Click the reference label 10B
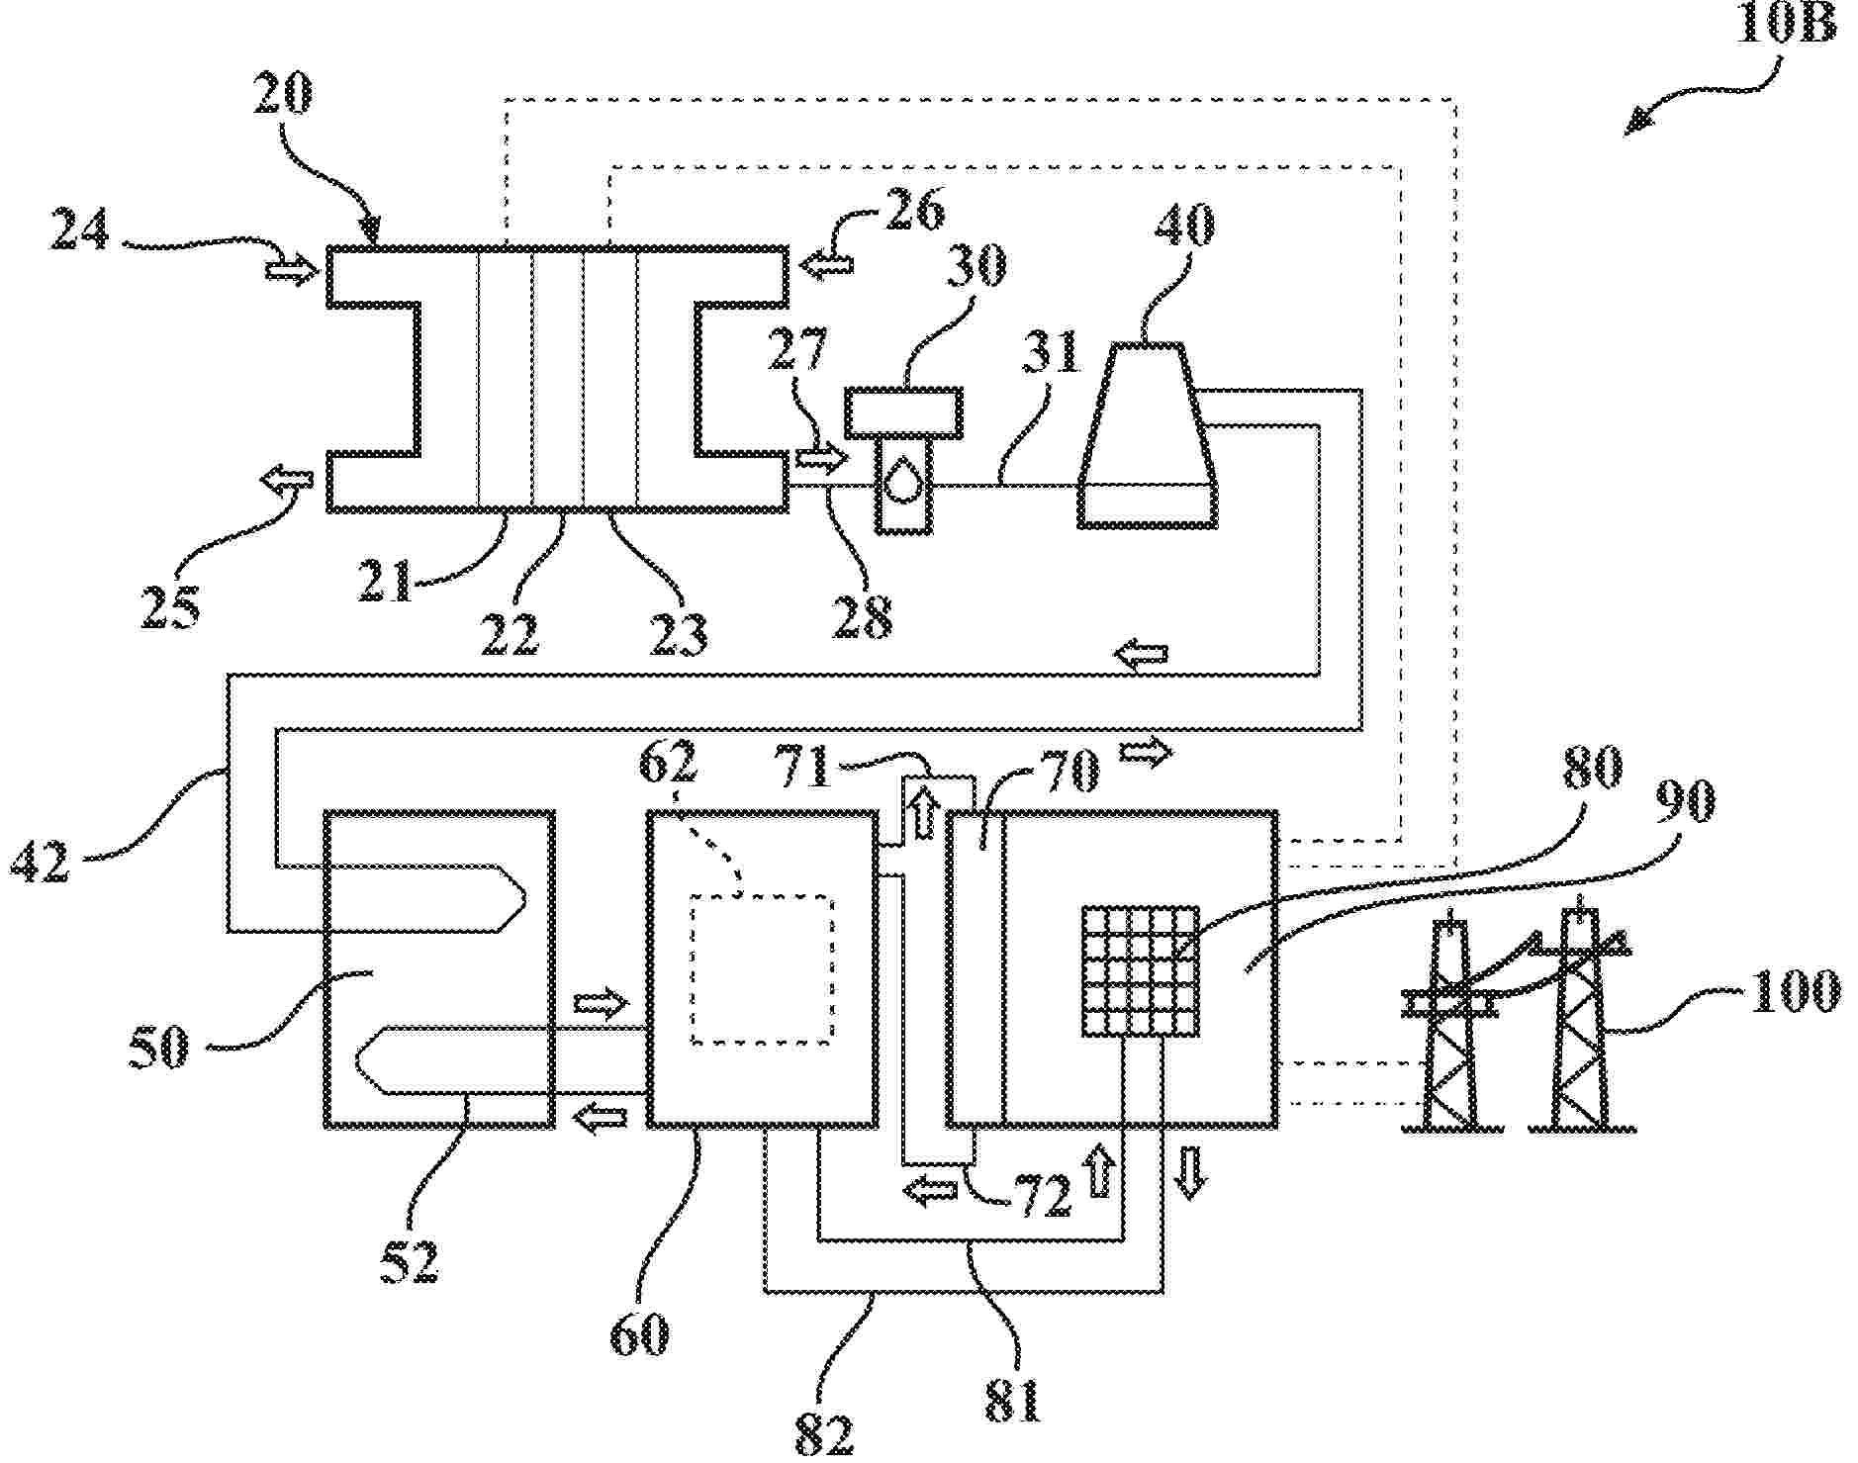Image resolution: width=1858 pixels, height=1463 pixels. coord(1787,25)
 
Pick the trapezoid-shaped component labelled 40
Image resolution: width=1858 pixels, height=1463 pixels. coord(1147,435)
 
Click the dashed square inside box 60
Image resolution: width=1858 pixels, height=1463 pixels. coord(761,968)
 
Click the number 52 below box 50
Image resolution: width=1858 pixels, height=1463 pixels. coord(410,1260)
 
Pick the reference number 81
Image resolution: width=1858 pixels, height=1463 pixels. coord(1012,1400)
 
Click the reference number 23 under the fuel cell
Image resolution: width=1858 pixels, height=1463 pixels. coord(679,634)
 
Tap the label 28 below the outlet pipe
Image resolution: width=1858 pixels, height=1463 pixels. coord(863,616)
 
